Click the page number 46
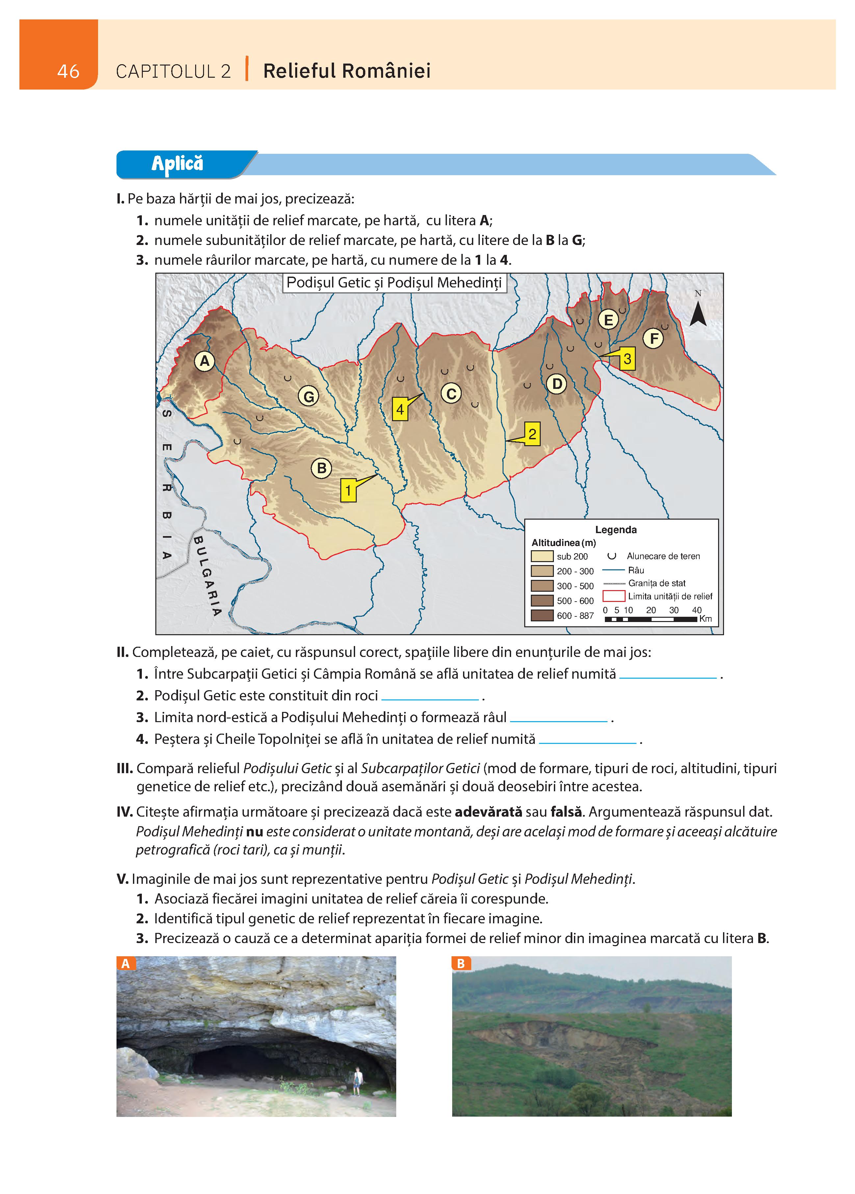click(x=68, y=71)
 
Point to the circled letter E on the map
click(x=608, y=319)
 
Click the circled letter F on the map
click(x=654, y=339)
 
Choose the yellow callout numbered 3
click(x=627, y=359)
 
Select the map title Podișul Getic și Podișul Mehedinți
click(x=394, y=283)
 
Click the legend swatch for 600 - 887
click(x=542, y=615)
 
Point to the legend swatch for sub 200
click(x=542, y=556)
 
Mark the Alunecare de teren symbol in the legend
click(x=612, y=556)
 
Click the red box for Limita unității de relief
click(x=613, y=596)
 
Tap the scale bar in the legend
click(x=651, y=619)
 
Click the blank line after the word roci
click(x=430, y=698)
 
